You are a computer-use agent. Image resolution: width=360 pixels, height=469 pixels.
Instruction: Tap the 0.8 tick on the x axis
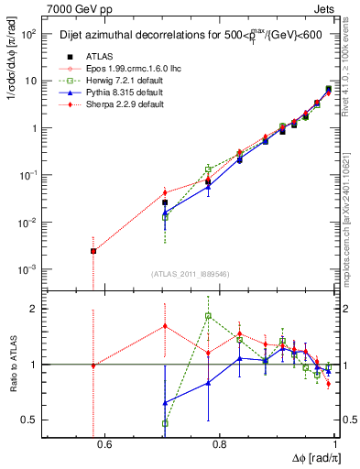[x=219, y=446]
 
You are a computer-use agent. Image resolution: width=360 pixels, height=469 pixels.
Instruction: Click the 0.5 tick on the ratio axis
[x=34, y=420]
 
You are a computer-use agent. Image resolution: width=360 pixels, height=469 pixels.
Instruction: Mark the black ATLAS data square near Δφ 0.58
[x=93, y=251]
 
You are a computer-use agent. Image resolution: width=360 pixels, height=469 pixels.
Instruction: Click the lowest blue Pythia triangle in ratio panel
[x=165, y=402]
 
